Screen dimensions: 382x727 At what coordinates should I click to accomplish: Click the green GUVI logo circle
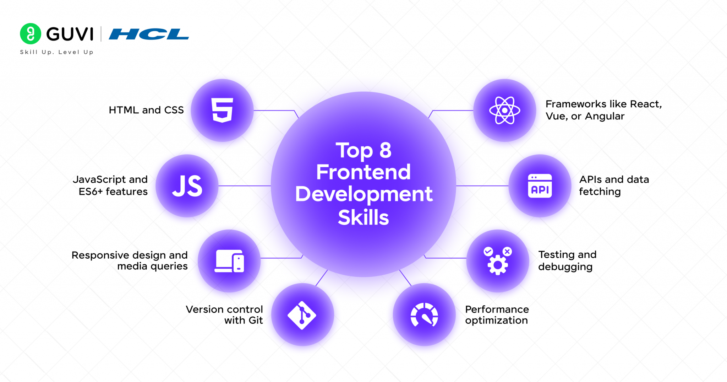31,34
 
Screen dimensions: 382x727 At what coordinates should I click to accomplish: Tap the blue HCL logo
149,34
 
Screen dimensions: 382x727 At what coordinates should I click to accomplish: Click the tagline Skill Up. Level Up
57,52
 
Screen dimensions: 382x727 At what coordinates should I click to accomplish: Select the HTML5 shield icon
222,110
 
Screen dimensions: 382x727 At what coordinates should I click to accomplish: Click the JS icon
187,186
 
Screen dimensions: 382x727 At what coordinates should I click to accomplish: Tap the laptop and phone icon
229,261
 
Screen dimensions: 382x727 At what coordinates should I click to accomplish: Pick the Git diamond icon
302,315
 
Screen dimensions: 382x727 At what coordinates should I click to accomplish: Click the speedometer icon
424,315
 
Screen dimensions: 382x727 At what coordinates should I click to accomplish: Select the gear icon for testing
498,264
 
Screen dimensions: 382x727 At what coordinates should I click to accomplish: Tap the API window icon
540,186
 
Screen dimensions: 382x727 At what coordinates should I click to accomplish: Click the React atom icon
504,111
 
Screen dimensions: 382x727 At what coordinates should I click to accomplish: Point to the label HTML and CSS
146,110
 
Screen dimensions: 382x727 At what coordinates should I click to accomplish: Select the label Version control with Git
224,315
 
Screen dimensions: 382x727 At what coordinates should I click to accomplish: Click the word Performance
497,309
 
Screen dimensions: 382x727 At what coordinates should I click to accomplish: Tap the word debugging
565,267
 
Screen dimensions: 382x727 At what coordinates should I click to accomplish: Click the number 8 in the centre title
385,150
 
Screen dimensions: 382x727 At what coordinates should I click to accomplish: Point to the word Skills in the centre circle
363,217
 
